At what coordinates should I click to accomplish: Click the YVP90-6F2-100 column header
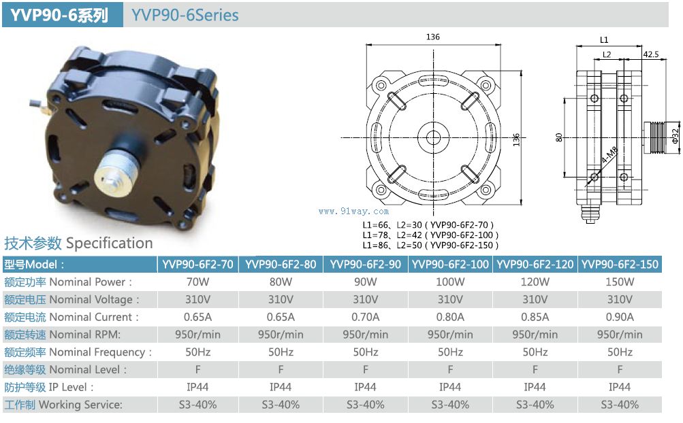coord(450,264)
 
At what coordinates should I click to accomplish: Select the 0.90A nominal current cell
coord(620,317)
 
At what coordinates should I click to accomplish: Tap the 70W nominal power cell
coord(197,282)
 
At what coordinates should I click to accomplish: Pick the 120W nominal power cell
coord(535,282)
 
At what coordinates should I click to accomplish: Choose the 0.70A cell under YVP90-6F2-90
coord(365,317)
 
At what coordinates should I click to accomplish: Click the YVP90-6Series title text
coord(185,15)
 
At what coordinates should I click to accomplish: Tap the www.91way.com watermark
coord(353,211)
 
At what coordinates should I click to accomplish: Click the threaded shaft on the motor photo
coord(116,169)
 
